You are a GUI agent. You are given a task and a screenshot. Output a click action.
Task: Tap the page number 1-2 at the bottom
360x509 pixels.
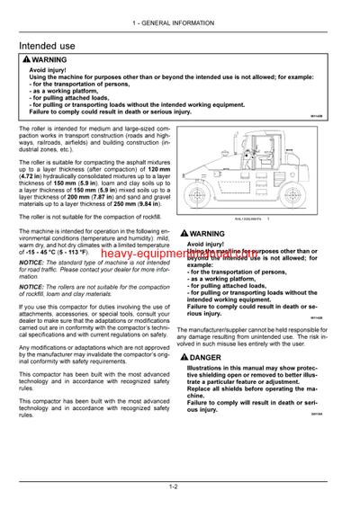[180, 487]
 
